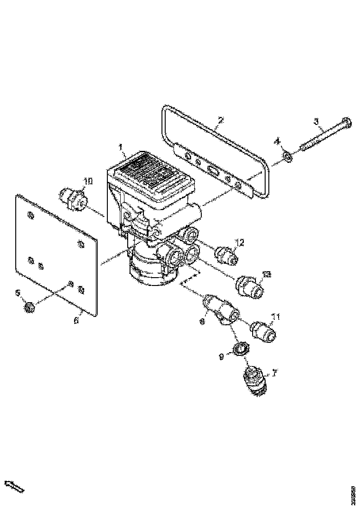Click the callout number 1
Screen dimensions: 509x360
[x=121, y=148]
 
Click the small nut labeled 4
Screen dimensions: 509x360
[x=287, y=157]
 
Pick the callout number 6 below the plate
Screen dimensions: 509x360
[x=76, y=319]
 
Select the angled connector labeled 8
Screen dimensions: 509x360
[x=221, y=310]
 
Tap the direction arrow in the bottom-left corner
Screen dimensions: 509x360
[x=14, y=486]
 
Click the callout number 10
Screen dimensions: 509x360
[x=88, y=181]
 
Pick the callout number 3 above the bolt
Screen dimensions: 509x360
[x=317, y=122]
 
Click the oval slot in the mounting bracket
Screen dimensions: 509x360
[x=214, y=171]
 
